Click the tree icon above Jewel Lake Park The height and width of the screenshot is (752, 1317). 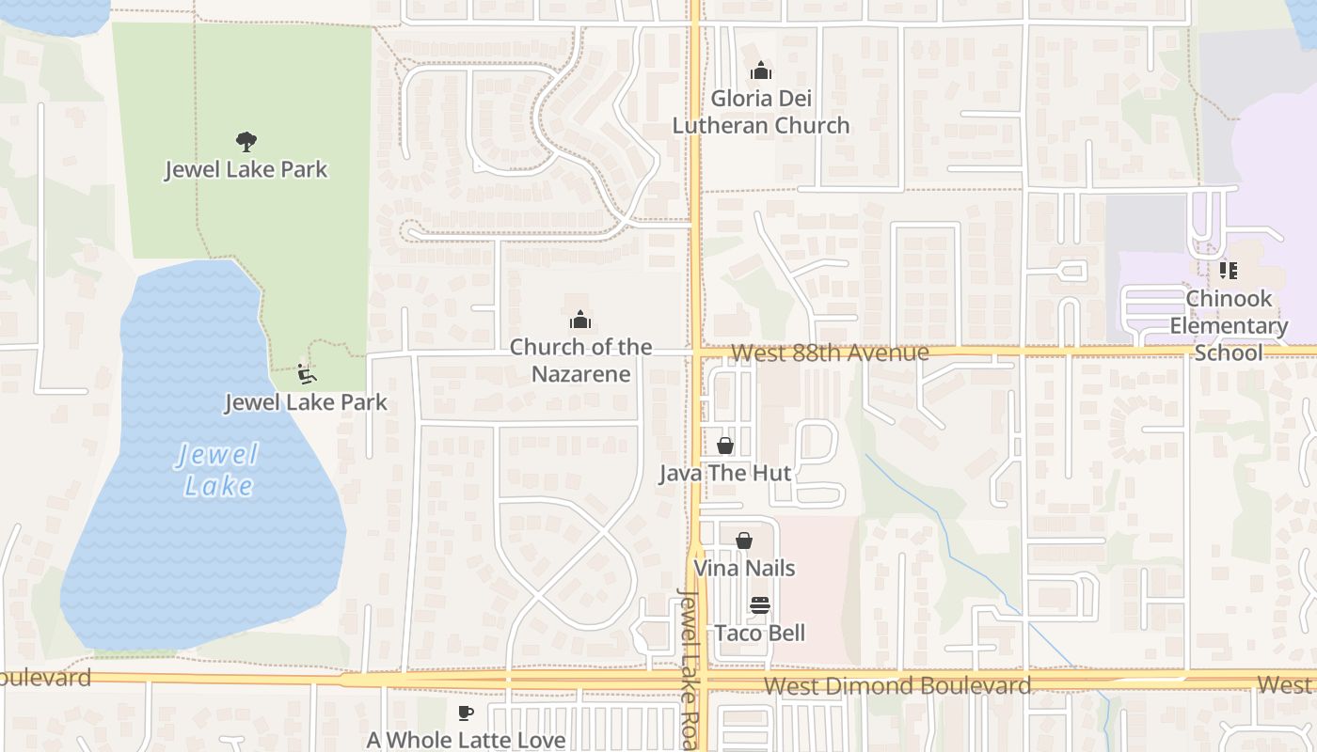246,142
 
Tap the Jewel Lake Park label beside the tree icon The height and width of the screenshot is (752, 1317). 246,169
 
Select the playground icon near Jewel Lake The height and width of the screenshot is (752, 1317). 306,374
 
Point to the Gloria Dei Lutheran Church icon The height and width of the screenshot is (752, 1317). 760,70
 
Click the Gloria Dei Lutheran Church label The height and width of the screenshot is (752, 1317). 760,112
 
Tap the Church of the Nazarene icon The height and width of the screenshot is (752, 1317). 580,320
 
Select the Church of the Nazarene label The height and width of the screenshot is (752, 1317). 580,360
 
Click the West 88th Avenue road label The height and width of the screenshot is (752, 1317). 829,352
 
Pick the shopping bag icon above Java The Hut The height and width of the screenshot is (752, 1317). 725,445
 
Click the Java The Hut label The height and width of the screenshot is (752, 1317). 724,473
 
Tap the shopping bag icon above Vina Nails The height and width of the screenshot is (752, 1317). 744,540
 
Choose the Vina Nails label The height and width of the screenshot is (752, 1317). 744,568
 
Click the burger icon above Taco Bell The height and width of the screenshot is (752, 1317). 760,604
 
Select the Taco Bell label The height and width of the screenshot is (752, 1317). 760,633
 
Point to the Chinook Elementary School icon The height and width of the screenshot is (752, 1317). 1228,271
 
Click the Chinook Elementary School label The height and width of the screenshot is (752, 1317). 1229,325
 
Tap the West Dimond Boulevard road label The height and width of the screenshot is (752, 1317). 897,685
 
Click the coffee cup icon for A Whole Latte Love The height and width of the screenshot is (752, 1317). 465,713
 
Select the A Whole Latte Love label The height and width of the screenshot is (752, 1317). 466,740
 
